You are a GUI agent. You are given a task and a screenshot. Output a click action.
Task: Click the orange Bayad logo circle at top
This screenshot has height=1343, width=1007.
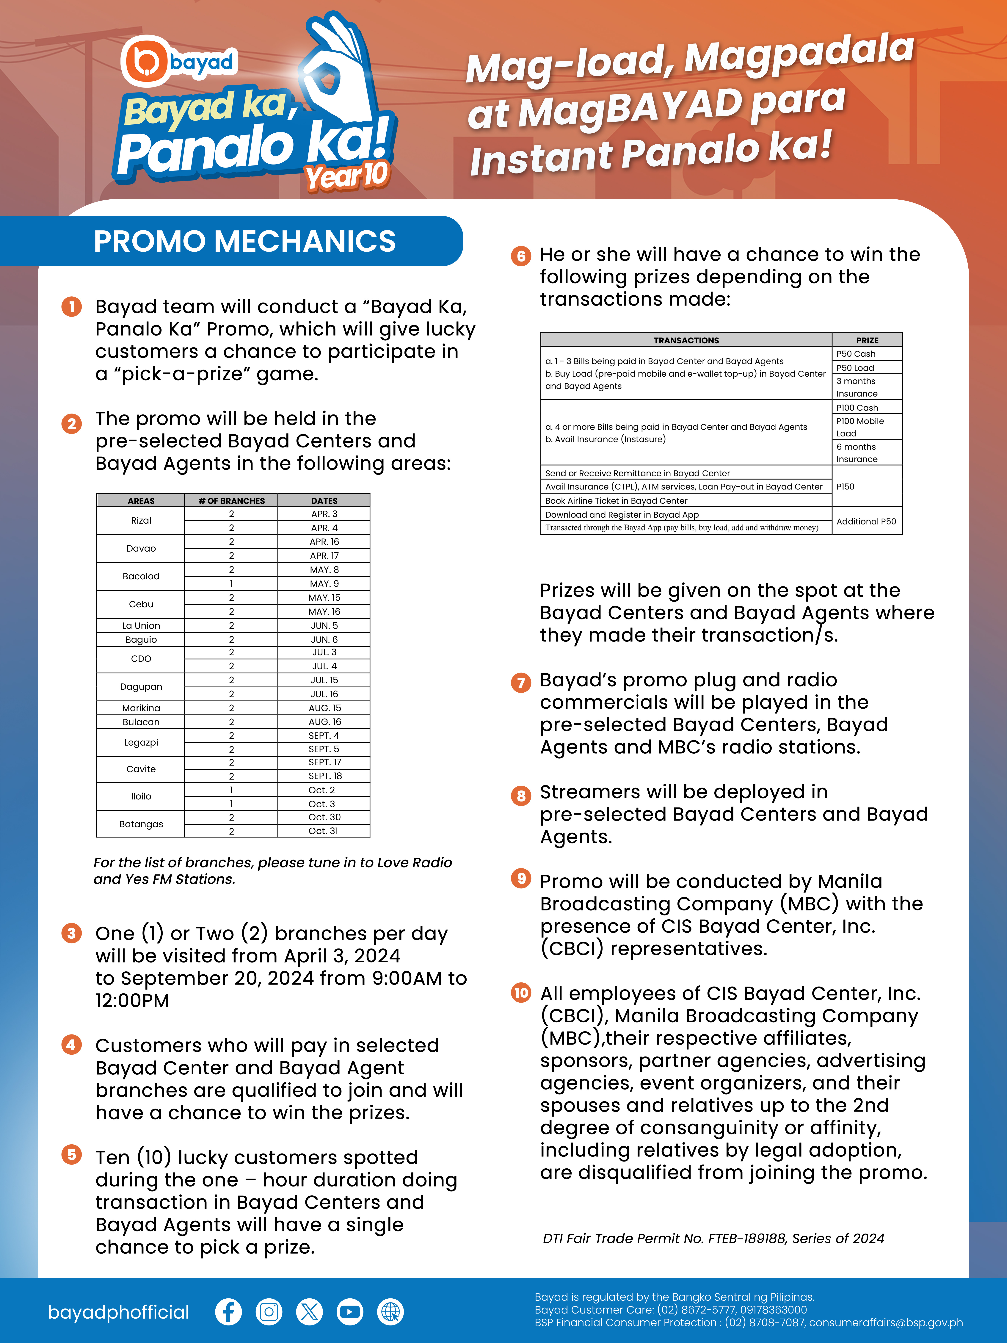click(144, 61)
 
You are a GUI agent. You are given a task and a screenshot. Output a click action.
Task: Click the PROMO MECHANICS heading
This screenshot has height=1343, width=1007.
click(245, 241)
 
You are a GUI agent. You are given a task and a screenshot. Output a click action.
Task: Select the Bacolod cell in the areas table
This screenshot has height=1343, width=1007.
click(141, 576)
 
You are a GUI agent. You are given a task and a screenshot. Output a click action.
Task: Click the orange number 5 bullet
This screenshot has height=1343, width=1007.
click(72, 1154)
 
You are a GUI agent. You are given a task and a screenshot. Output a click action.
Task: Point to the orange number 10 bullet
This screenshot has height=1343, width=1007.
click(521, 993)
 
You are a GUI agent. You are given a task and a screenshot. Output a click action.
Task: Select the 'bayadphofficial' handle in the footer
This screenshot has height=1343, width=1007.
click(118, 1312)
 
